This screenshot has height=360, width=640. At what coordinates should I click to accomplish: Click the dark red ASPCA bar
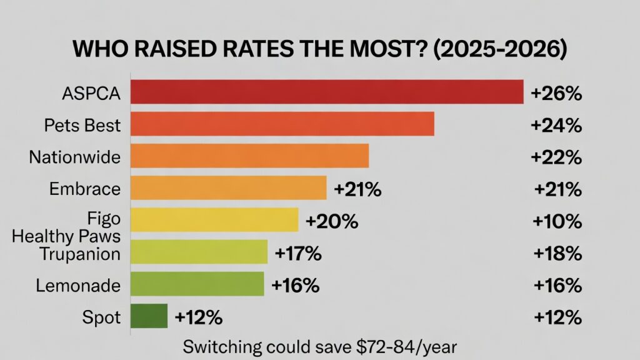coord(326,92)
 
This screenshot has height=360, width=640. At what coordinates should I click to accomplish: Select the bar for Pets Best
coord(282,124)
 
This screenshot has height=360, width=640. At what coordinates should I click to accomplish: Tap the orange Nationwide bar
coord(249,156)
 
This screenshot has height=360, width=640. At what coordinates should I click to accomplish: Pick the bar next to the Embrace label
coord(228,188)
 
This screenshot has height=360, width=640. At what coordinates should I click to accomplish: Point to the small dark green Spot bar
coord(149,316)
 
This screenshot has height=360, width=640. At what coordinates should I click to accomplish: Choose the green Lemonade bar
coord(197,284)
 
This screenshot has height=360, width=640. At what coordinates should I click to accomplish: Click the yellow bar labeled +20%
coord(214,220)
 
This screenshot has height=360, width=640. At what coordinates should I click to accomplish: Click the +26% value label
coord(556,94)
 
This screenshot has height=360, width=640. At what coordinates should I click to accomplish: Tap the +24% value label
coord(556,126)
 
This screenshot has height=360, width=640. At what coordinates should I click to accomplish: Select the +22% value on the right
coord(556,157)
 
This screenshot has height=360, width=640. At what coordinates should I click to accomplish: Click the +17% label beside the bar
coord(297,253)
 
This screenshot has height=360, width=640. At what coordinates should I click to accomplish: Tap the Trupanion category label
coord(79,254)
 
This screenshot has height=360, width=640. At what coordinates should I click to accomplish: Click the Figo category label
coord(104,219)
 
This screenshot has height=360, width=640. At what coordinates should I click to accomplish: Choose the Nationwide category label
coord(74,157)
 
